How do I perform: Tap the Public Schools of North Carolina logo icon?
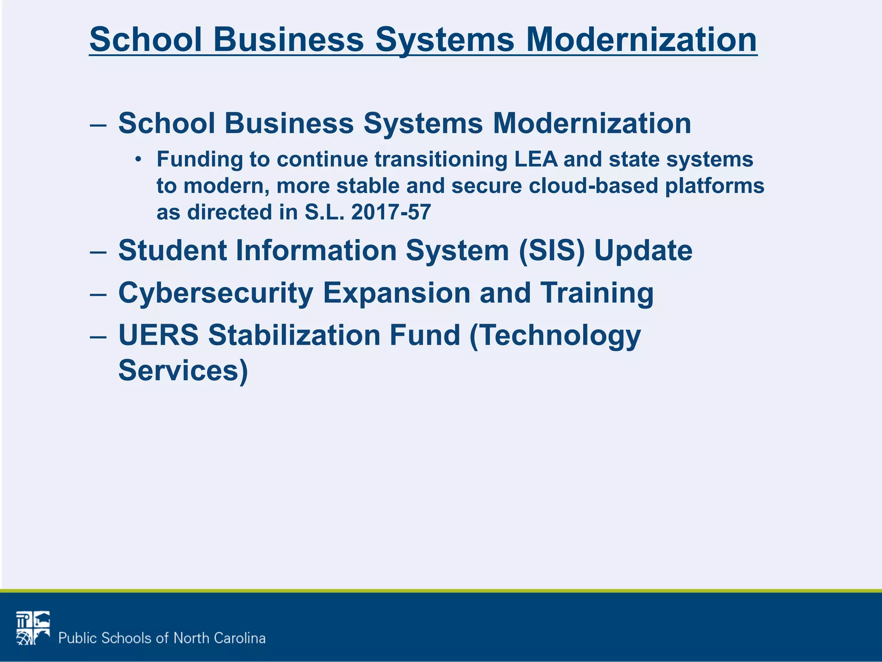[33, 628]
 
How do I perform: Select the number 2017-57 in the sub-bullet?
[391, 212]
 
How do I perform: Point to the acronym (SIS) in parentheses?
[552, 250]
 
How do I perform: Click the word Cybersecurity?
[215, 294]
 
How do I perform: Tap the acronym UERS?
[158, 335]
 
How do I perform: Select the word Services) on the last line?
[183, 371]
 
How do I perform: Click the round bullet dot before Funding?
[138, 159]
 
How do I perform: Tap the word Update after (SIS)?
[643, 251]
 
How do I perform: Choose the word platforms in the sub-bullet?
[714, 186]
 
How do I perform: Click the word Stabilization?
[294, 335]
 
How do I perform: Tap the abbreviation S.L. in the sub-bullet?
[324, 212]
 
